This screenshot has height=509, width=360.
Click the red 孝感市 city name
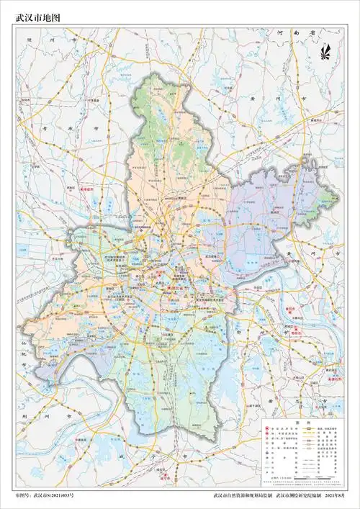pos(86,189)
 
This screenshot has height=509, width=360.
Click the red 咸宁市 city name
pos(166,476)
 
